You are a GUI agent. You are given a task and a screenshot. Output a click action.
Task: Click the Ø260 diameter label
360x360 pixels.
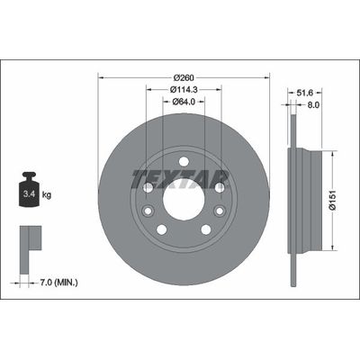point(184,76)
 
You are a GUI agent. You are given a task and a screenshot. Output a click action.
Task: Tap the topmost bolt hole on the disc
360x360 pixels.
point(184,162)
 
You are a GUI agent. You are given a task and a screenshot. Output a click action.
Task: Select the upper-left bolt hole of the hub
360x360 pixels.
point(148,187)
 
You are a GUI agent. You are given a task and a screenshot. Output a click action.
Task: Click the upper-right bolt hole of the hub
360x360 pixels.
point(219,187)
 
